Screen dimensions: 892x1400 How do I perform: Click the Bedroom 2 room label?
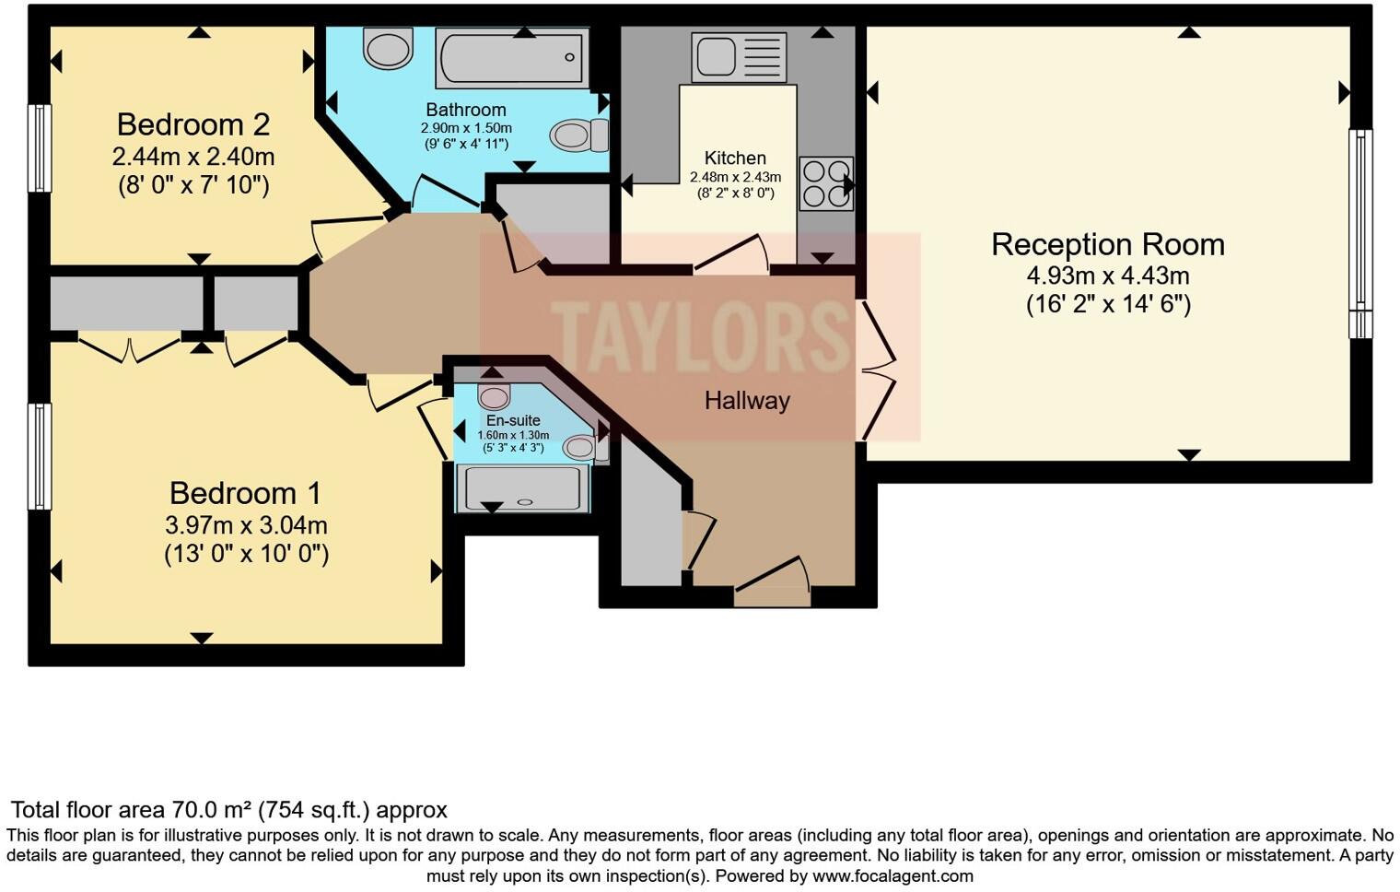point(193,124)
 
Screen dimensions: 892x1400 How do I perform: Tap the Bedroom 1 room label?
point(245,493)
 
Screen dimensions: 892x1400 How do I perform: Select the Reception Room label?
point(1108,244)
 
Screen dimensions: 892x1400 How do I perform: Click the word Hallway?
point(747,401)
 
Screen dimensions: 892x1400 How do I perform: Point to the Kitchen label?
point(735,158)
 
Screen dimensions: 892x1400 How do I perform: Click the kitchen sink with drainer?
point(739,57)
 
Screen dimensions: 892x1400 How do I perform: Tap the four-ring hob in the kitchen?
point(825,184)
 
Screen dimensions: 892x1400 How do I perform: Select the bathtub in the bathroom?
point(512,57)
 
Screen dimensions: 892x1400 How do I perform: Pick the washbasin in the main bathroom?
point(388,48)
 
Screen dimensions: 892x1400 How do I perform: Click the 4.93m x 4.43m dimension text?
point(1108,276)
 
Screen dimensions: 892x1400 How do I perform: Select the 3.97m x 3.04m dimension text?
point(246,525)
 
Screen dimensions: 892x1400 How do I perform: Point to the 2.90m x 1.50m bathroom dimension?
point(466,128)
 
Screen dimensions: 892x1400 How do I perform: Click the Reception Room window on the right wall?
point(1360,233)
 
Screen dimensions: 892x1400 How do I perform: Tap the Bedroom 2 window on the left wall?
point(40,147)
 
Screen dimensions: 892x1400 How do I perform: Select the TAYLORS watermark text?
point(700,336)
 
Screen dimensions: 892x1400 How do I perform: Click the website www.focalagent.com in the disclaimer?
point(892,875)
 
